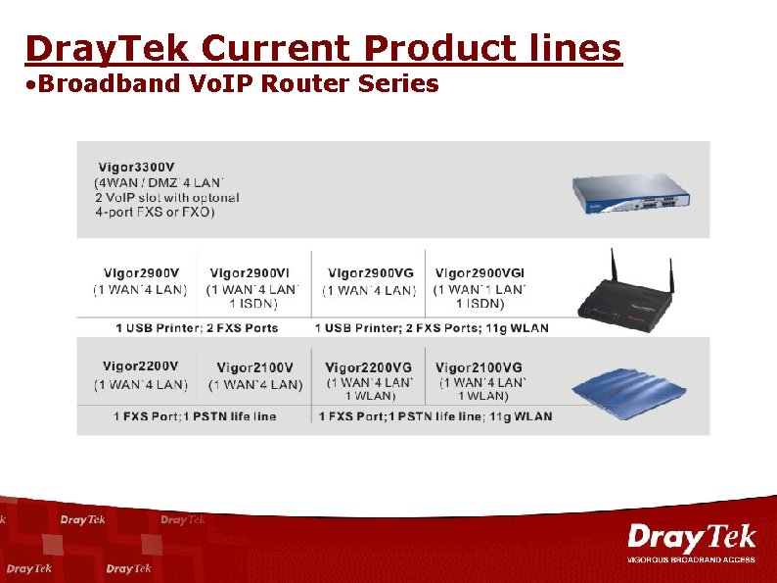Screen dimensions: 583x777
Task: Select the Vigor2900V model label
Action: tap(141, 273)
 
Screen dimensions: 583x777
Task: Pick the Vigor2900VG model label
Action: tap(370, 273)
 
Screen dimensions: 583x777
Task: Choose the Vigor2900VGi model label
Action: tap(480, 273)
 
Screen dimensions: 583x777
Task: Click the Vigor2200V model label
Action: tap(141, 366)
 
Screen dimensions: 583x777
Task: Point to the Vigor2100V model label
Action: tap(254, 368)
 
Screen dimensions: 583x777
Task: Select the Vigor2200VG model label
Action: tap(369, 367)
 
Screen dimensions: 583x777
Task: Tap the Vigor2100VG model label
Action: tap(480, 367)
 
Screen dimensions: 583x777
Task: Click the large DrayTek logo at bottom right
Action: tap(691, 537)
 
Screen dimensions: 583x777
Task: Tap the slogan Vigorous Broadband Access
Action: tap(691, 559)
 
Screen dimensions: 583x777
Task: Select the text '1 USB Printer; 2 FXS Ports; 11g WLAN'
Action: tap(432, 328)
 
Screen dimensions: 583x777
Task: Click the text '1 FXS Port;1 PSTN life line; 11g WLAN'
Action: tap(434, 416)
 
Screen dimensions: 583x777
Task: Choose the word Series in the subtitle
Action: tap(398, 84)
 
